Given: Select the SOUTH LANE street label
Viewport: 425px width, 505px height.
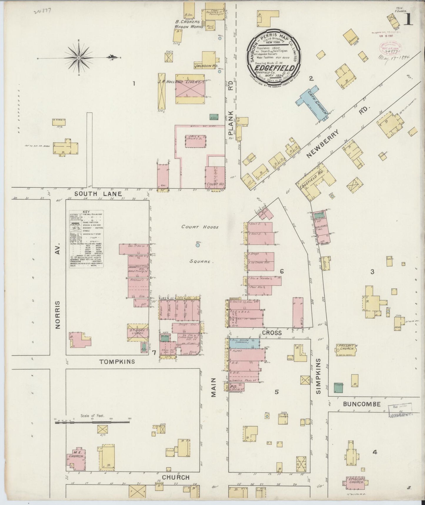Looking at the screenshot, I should (98, 194).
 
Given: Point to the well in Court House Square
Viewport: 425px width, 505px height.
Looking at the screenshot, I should (198, 245).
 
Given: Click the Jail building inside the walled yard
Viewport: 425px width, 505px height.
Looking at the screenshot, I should (195, 141).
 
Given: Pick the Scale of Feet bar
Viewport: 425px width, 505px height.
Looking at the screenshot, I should (92, 423).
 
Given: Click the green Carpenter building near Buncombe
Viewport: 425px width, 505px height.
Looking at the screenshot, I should (339, 388).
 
